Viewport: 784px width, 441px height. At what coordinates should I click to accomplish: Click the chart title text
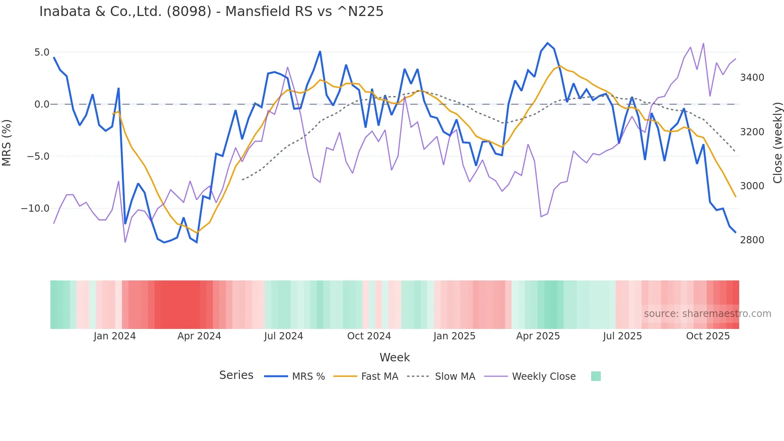click(x=211, y=12)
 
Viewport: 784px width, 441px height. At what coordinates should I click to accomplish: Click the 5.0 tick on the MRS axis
click(x=42, y=52)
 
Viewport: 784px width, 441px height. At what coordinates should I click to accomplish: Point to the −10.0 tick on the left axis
click(x=35, y=208)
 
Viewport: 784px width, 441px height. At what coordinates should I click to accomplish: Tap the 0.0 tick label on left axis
click(x=42, y=104)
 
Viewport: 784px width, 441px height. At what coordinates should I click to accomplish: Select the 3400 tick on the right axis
click(x=752, y=78)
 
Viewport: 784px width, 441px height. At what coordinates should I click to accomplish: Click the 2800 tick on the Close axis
click(x=752, y=240)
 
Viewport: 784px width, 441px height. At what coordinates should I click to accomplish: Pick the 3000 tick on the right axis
click(x=752, y=186)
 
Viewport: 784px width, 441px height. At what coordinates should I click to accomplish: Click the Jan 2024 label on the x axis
click(x=114, y=336)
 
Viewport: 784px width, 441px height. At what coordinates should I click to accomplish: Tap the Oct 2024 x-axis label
click(x=369, y=336)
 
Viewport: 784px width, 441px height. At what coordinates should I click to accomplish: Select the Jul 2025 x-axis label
click(x=622, y=336)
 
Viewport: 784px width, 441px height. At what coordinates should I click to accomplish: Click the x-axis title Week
click(x=394, y=357)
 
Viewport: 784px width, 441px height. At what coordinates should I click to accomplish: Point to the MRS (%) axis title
click(x=6, y=142)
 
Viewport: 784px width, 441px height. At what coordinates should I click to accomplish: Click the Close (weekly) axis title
click(x=777, y=142)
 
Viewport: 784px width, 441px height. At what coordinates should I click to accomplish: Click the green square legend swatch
click(x=596, y=376)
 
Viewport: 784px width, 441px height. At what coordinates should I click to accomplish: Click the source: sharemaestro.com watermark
click(x=707, y=314)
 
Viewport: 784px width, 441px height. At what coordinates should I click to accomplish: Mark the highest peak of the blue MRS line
click(x=548, y=43)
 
